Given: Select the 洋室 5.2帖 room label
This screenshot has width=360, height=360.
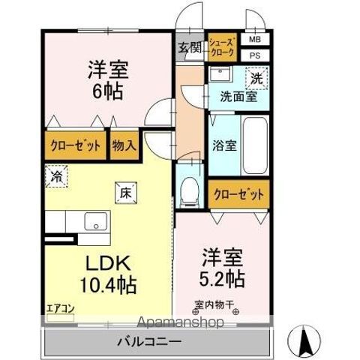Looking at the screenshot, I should (x=221, y=267).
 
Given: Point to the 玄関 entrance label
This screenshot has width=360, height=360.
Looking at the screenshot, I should (x=189, y=48).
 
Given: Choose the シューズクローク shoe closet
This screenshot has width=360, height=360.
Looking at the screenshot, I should (x=222, y=48).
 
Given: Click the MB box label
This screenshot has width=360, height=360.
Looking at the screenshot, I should (x=255, y=40).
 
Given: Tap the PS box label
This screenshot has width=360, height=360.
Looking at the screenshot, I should (x=255, y=55).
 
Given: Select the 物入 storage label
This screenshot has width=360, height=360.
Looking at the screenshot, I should (x=124, y=145).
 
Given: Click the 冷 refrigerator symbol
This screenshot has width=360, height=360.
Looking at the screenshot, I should (x=58, y=178).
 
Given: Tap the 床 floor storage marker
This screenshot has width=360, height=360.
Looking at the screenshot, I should (x=124, y=192).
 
